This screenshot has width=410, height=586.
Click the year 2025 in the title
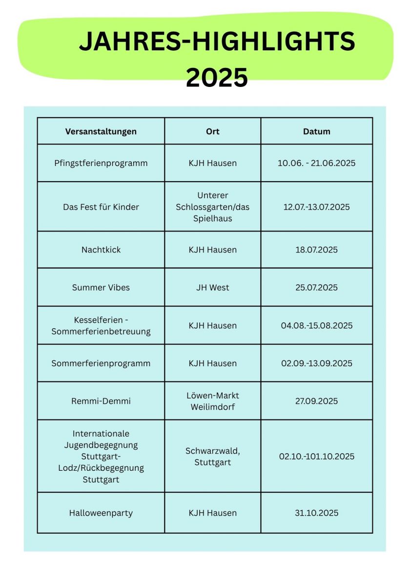217,78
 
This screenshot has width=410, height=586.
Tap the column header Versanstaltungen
101,131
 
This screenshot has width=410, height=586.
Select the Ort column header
213,131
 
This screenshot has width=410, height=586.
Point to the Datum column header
317,131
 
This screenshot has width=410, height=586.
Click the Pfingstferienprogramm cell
101,163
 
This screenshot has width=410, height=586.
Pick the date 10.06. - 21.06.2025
317,163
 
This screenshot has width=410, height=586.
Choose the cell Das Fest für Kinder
101,207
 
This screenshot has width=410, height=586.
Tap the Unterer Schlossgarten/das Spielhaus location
213,207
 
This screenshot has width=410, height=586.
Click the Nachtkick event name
101,250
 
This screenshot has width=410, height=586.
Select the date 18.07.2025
317,250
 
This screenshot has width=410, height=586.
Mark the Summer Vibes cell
101,288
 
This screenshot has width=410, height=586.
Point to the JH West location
213,288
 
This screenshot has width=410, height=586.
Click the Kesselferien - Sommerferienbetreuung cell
101,326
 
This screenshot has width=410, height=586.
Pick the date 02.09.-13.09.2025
317,363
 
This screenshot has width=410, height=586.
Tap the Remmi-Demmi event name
101,401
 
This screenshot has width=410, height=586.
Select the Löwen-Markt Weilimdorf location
213,401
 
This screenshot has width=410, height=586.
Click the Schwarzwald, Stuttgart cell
213,456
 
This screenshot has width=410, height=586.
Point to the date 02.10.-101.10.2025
317,457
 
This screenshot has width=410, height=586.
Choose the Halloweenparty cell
101,513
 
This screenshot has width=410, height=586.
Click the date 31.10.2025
317,513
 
